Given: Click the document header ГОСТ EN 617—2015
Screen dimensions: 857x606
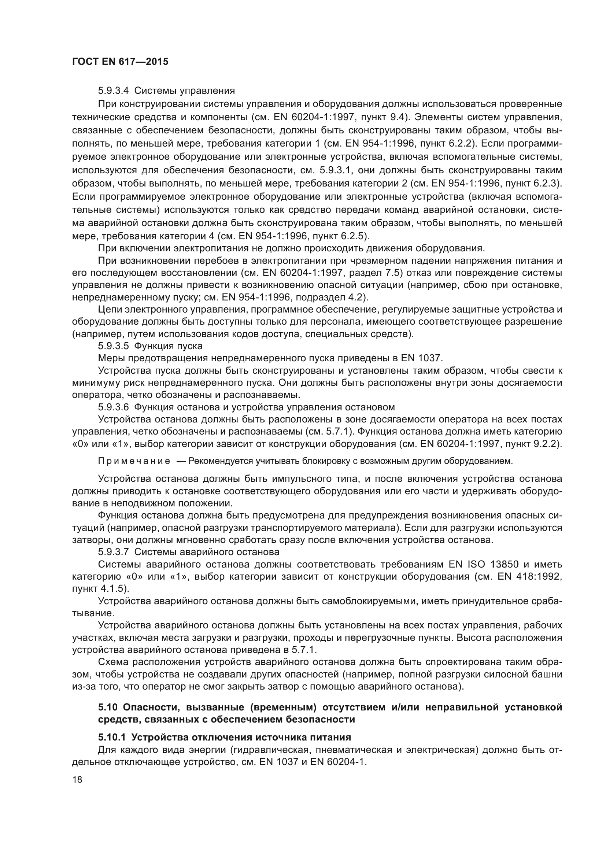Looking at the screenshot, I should (x=120, y=62).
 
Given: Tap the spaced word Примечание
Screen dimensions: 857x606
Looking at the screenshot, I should (x=134, y=461).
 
